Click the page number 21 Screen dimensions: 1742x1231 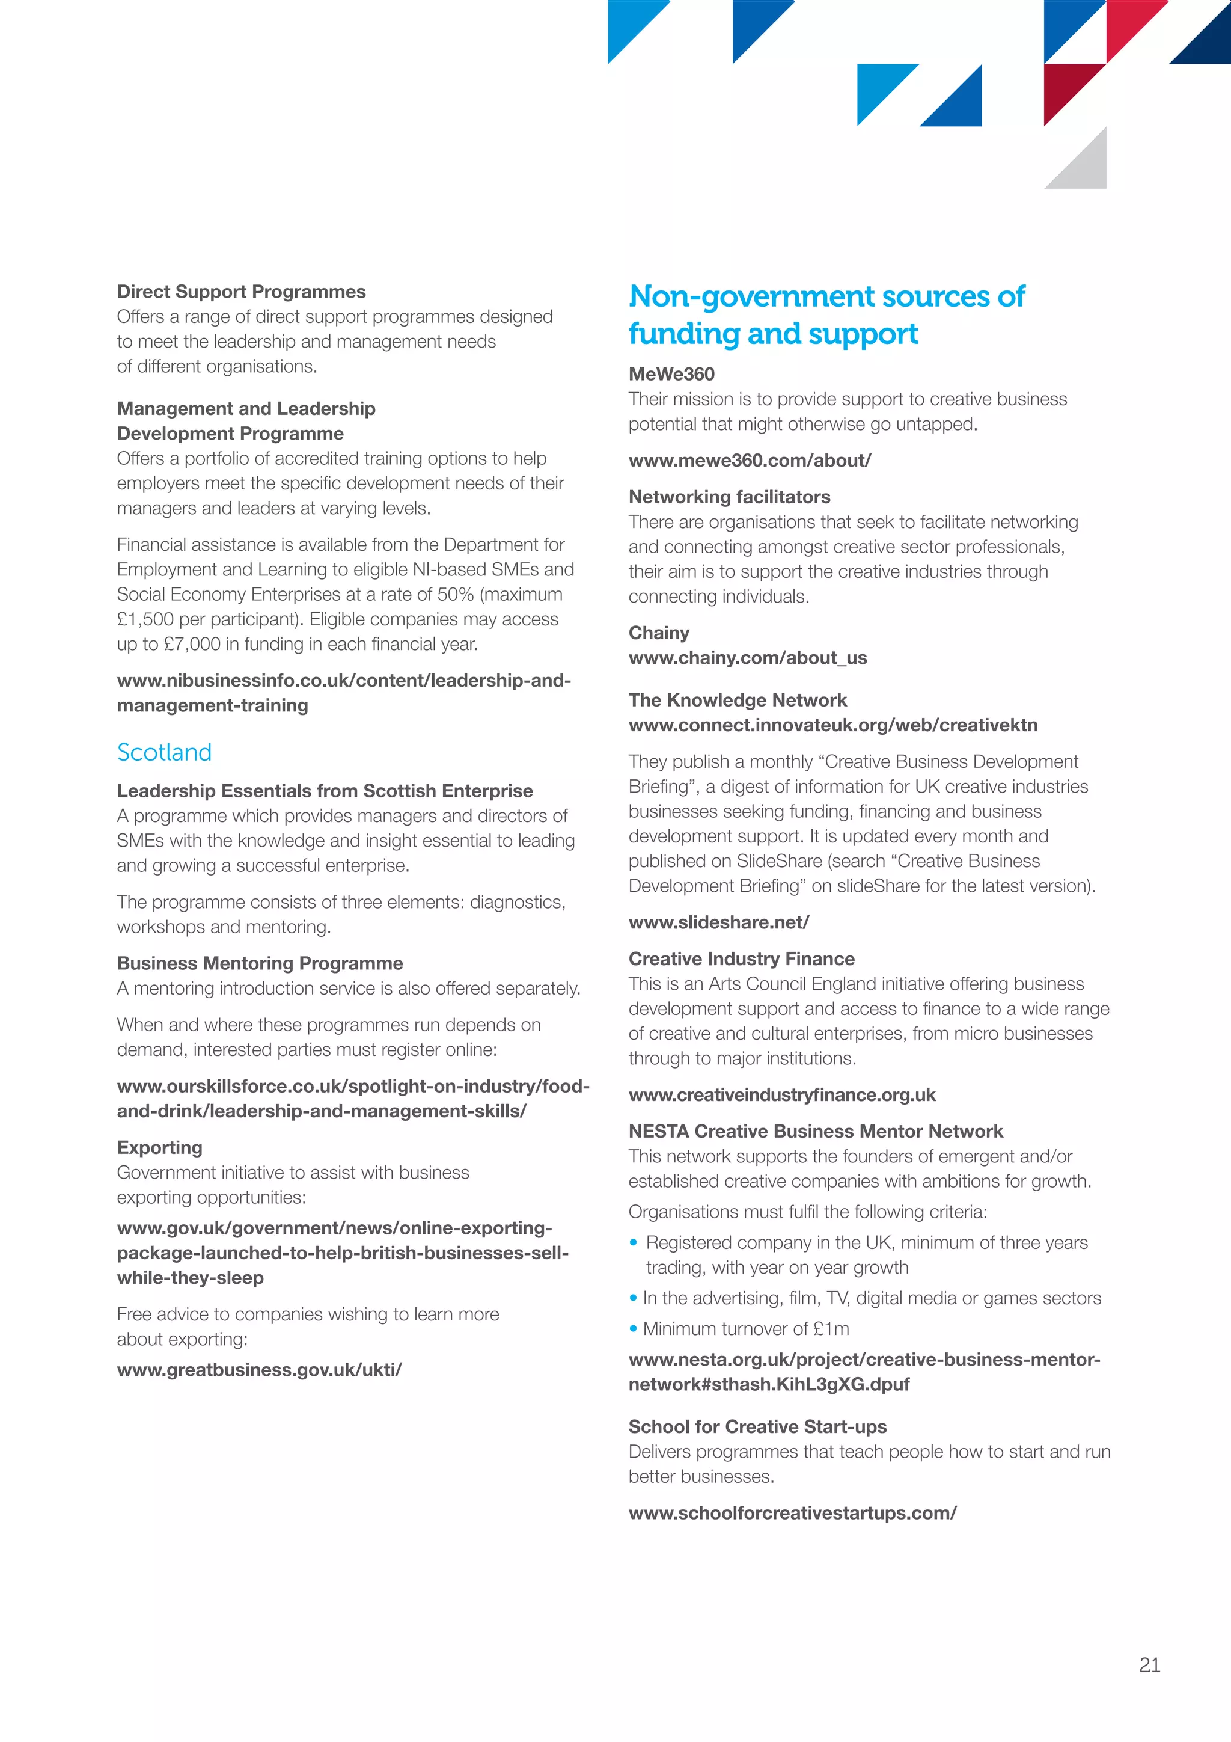[1149, 1664]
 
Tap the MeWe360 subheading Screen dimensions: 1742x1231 [671, 374]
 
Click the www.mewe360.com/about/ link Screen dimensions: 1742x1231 [750, 461]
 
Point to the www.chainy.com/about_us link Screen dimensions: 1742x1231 [747, 658]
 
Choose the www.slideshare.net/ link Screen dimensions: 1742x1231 [718, 922]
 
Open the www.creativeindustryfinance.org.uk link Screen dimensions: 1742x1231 [782, 1095]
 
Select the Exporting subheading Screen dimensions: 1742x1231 [159, 1147]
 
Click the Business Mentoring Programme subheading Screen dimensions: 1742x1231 [260, 963]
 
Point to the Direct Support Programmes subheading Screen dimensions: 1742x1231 [241, 292]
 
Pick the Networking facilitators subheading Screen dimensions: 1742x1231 [729, 497]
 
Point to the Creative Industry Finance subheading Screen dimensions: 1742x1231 [741, 959]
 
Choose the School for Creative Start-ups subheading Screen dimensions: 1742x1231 [757, 1426]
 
